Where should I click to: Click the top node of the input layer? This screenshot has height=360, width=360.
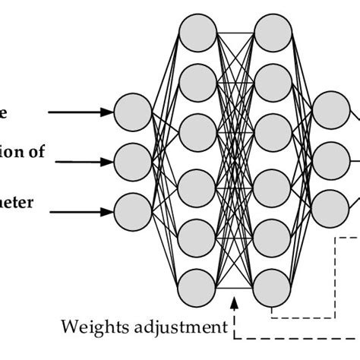(x=132, y=111)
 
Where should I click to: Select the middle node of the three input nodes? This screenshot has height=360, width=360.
(x=132, y=159)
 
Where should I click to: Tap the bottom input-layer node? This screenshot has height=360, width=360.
(x=132, y=208)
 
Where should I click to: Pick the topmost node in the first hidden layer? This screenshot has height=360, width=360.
(x=197, y=30)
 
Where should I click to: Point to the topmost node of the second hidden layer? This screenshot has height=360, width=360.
(x=271, y=30)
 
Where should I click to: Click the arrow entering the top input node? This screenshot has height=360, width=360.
(x=80, y=112)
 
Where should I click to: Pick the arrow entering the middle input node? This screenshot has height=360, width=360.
(x=80, y=160)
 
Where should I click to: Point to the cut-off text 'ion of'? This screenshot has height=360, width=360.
(x=23, y=151)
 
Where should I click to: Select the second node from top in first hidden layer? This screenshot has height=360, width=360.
(x=197, y=79)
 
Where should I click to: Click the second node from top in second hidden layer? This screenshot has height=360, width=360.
(x=271, y=79)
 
